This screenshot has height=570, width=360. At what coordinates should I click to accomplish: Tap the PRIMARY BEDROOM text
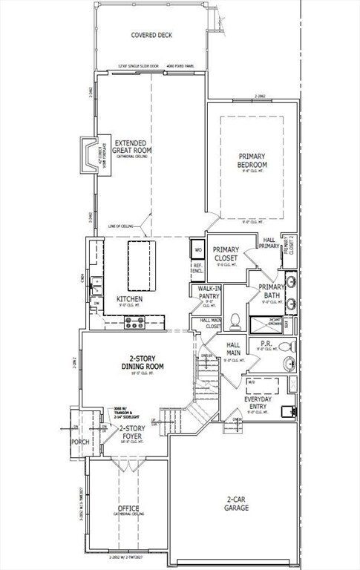click(252, 160)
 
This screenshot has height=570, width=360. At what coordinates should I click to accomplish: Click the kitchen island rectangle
click(144, 266)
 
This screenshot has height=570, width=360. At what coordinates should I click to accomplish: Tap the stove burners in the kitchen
click(134, 322)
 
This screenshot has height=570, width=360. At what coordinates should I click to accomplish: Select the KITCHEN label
click(129, 300)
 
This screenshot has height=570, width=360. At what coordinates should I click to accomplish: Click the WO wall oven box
click(198, 251)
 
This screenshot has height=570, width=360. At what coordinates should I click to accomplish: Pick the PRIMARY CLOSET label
click(226, 254)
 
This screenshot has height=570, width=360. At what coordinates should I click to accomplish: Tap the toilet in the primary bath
click(235, 321)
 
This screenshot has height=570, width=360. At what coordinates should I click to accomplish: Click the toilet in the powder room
click(284, 347)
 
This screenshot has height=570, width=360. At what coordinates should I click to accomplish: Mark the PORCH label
click(79, 442)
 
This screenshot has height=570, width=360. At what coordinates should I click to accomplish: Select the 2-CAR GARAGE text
click(237, 505)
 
